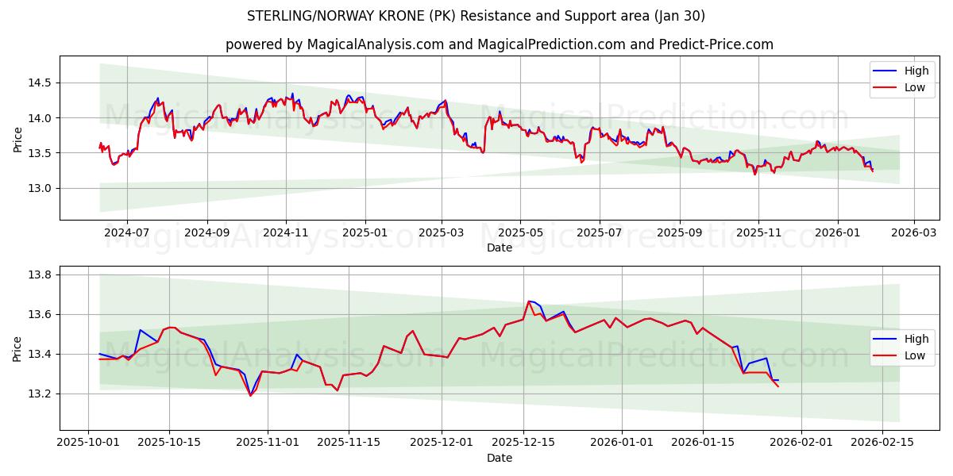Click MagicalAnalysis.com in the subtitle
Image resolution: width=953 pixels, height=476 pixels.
[374, 44]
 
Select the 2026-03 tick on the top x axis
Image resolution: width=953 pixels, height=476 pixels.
[913, 233]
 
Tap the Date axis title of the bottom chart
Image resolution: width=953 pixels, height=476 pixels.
[500, 458]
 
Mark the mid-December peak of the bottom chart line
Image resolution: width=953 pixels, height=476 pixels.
[529, 301]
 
